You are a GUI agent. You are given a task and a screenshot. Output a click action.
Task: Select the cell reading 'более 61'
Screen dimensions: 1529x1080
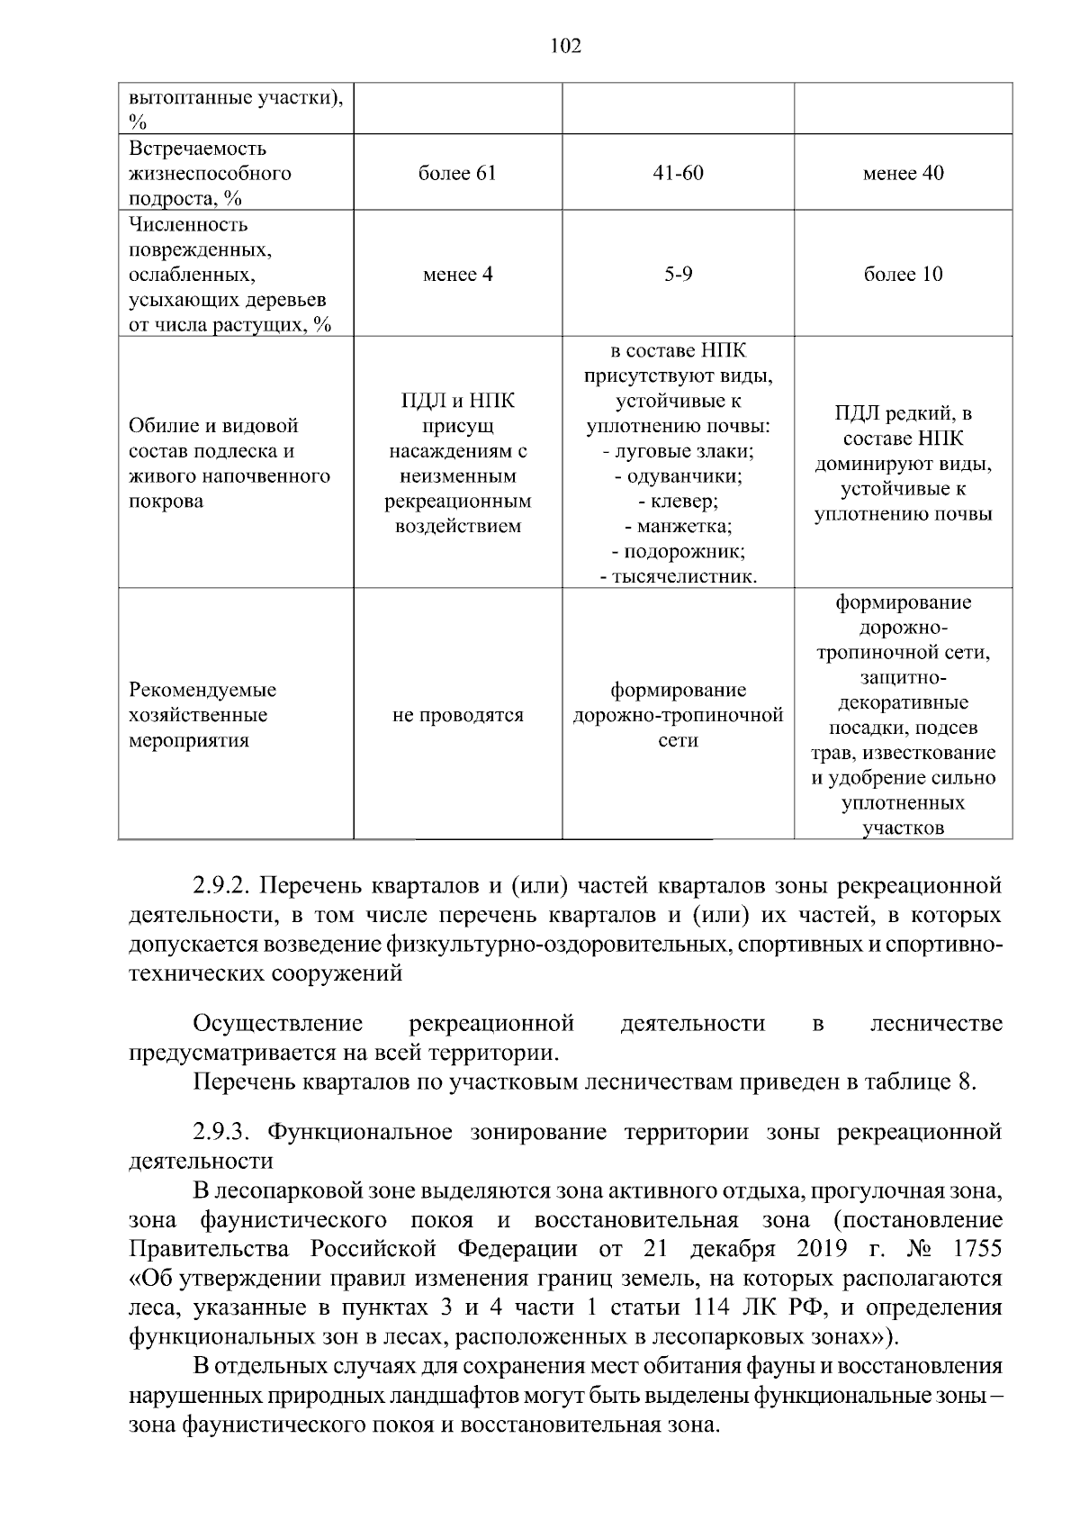[x=457, y=174]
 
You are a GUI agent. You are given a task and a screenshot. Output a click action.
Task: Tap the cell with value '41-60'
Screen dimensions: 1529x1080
[x=678, y=174]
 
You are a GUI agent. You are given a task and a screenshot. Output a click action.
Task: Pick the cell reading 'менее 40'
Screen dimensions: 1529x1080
[x=903, y=174]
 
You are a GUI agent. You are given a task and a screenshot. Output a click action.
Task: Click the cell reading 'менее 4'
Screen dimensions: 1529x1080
[x=457, y=275]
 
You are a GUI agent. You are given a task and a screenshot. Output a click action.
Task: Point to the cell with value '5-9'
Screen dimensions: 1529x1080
[x=678, y=275]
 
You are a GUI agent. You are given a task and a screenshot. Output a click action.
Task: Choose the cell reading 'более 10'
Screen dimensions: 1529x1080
[x=903, y=275]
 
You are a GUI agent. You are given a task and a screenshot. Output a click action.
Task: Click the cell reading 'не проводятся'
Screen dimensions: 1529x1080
[x=457, y=716]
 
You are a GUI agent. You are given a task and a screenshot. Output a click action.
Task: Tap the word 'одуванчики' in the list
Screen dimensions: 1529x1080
[x=684, y=476]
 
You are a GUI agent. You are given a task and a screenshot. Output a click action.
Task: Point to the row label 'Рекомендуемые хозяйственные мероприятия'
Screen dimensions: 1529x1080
[x=202, y=716]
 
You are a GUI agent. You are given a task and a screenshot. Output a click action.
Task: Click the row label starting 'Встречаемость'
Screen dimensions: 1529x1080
[x=197, y=149]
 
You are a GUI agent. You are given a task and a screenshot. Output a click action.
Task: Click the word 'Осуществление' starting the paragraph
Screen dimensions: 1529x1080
[x=278, y=1024]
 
